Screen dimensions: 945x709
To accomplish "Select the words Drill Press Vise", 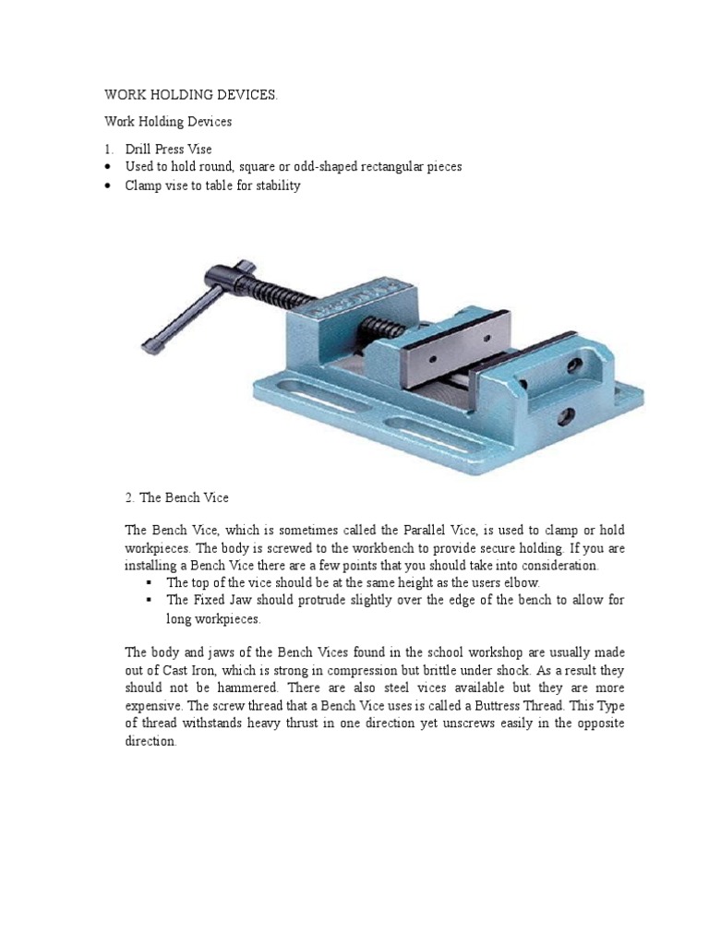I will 168,149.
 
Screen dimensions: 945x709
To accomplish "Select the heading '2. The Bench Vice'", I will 176,497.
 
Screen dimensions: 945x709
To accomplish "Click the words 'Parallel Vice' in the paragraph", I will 442,530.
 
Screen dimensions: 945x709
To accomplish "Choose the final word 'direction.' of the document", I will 150,741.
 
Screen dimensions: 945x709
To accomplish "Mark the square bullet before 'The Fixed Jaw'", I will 148,601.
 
